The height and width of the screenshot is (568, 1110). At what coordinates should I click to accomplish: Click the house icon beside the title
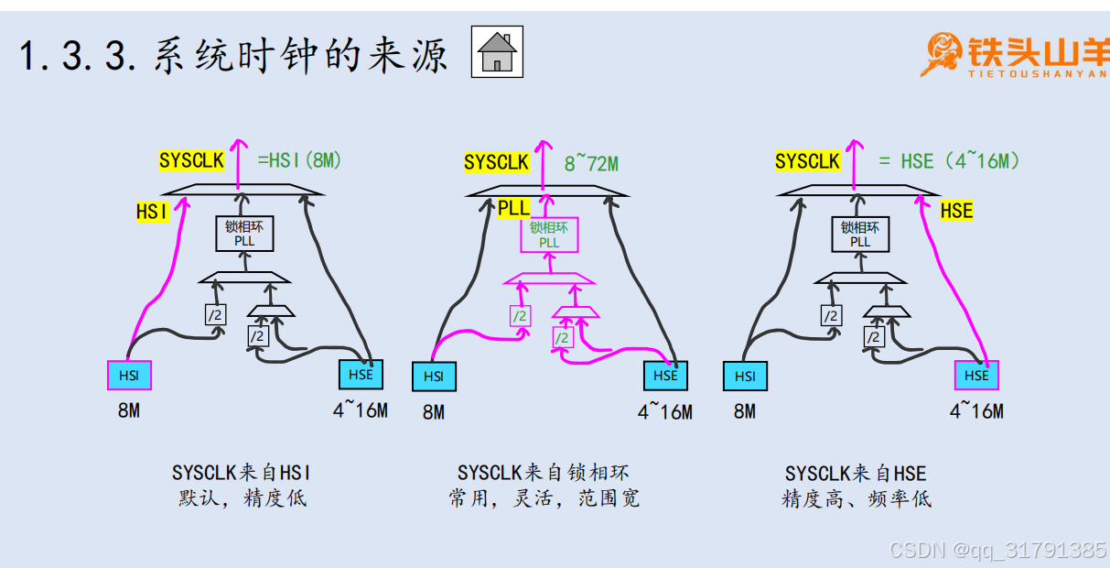pyautogui.click(x=498, y=51)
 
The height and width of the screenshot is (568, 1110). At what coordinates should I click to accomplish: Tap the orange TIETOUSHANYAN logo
pyautogui.click(x=1013, y=55)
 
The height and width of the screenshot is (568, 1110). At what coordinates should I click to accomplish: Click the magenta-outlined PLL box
pyautogui.click(x=549, y=235)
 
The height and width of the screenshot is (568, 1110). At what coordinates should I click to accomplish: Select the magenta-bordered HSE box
pyautogui.click(x=976, y=376)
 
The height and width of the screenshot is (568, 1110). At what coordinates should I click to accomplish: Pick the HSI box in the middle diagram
pyautogui.click(x=434, y=377)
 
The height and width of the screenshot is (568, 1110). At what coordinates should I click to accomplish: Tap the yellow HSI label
pyautogui.click(x=153, y=212)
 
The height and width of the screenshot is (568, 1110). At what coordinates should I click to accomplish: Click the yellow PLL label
pyautogui.click(x=513, y=208)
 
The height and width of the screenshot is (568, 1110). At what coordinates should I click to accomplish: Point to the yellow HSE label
pyautogui.click(x=956, y=211)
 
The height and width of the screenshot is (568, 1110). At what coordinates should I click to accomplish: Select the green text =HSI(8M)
pyautogui.click(x=299, y=160)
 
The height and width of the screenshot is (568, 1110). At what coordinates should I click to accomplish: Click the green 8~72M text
pyautogui.click(x=591, y=164)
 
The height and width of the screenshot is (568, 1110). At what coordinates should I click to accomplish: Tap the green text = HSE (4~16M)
pyautogui.click(x=949, y=161)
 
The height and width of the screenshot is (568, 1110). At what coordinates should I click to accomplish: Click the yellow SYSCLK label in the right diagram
pyautogui.click(x=807, y=161)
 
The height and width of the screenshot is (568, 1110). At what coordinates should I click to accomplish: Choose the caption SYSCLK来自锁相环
pyautogui.click(x=544, y=473)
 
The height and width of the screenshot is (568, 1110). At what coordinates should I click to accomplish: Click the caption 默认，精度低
pyautogui.click(x=242, y=498)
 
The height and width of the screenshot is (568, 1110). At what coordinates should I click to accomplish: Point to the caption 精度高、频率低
pyautogui.click(x=856, y=499)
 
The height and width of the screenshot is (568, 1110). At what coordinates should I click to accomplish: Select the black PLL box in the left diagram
pyautogui.click(x=244, y=234)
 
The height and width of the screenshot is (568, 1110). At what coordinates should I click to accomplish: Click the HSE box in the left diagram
pyautogui.click(x=361, y=375)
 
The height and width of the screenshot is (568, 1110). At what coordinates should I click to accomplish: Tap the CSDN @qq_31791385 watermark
pyautogui.click(x=998, y=550)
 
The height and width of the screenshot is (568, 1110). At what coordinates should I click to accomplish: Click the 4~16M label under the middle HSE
pyautogui.click(x=665, y=412)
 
